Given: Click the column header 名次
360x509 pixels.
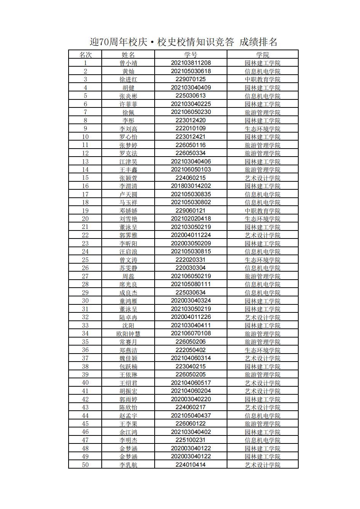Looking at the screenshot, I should (x=85, y=55).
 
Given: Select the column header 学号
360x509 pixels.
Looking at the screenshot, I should (x=190, y=55).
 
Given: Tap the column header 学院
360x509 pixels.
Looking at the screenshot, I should (x=262, y=55).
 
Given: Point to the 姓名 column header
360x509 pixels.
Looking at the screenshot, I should (x=128, y=55).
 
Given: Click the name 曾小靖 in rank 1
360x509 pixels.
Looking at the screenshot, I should (x=128, y=63).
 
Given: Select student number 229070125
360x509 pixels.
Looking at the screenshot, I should (x=190, y=79).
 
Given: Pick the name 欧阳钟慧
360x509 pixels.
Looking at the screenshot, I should (x=128, y=334).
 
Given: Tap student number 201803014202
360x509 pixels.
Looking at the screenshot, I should (x=190, y=186).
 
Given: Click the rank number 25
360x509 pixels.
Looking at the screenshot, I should (x=85, y=260).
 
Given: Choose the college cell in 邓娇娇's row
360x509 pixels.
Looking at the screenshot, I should (x=262, y=211).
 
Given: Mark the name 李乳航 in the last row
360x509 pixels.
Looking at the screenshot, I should (x=128, y=465).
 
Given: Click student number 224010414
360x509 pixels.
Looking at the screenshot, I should (x=190, y=465).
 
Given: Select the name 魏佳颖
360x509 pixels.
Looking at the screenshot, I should (x=128, y=358).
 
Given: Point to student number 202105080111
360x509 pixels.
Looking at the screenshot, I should (x=190, y=284).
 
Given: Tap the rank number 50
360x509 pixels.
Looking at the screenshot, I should (x=85, y=465).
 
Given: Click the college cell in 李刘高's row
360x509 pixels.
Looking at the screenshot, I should (x=262, y=129).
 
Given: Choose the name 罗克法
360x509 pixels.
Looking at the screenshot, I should (x=128, y=153).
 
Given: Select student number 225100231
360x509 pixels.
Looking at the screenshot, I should (x=190, y=440).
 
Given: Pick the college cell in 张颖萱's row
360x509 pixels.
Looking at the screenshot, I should (x=262, y=178).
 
